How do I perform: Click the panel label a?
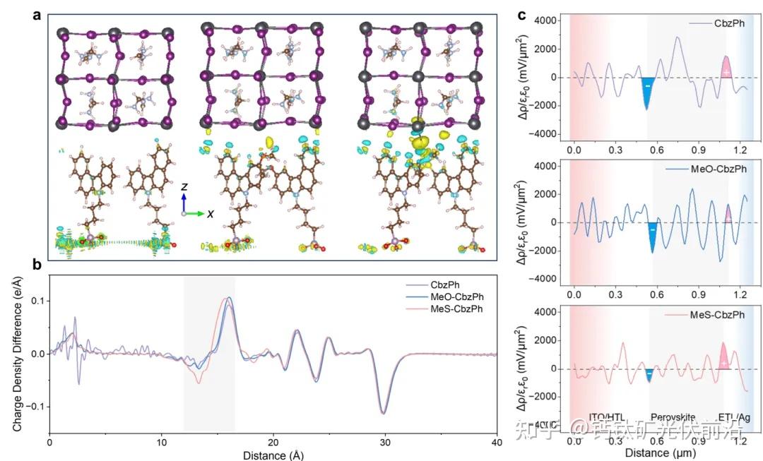(x=37, y=14)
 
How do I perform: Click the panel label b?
(x=37, y=263)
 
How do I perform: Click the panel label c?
(x=523, y=14)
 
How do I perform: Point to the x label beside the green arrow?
(x=211, y=213)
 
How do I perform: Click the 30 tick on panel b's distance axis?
(x=385, y=441)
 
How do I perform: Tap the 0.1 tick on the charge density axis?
(x=37, y=301)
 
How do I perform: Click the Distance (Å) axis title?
(x=273, y=455)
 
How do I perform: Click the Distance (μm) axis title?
(x=661, y=451)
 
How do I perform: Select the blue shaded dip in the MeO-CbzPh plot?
(x=653, y=237)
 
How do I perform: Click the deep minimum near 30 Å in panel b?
(x=384, y=412)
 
